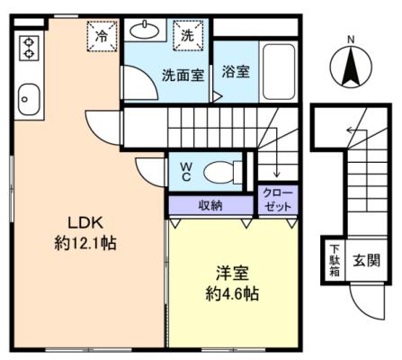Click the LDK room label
click(85, 223)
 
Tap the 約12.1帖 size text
click(85, 243)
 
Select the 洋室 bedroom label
click(233, 274)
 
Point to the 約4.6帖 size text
click(233, 294)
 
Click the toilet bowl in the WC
click(219, 172)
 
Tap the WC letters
click(186, 172)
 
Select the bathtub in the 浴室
click(279, 72)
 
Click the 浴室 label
click(236, 72)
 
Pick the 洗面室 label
click(183, 75)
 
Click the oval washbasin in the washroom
click(145, 31)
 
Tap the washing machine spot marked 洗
click(188, 36)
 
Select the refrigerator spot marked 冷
click(103, 37)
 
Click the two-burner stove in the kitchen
click(29, 48)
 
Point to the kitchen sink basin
click(29, 99)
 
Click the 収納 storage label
click(210, 205)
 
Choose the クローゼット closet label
click(278, 199)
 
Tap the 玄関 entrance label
click(366, 260)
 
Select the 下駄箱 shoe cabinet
click(335, 260)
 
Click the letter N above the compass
click(351, 40)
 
